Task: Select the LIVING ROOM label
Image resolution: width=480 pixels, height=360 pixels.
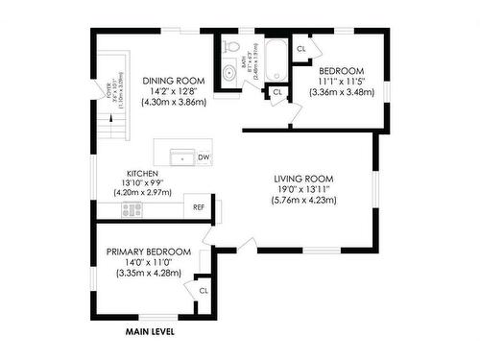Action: [x=302, y=179]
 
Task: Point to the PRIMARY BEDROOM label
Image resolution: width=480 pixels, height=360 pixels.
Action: [x=148, y=252]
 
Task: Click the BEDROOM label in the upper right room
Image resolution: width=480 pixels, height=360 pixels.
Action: [x=341, y=72]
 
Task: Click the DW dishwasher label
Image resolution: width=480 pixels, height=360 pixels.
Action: [x=204, y=156]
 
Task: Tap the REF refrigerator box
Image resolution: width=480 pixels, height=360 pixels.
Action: [x=200, y=207]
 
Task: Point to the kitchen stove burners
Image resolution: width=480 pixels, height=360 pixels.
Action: [x=132, y=208]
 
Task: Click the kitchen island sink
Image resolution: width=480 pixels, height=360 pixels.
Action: [x=181, y=156]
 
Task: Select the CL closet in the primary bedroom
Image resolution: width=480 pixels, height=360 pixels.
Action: [x=203, y=290]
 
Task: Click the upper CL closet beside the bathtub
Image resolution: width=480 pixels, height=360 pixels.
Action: [x=301, y=48]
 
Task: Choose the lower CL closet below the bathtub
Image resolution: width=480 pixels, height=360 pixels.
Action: [x=277, y=92]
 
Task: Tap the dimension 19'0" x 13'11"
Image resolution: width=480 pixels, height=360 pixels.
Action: [x=303, y=190]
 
